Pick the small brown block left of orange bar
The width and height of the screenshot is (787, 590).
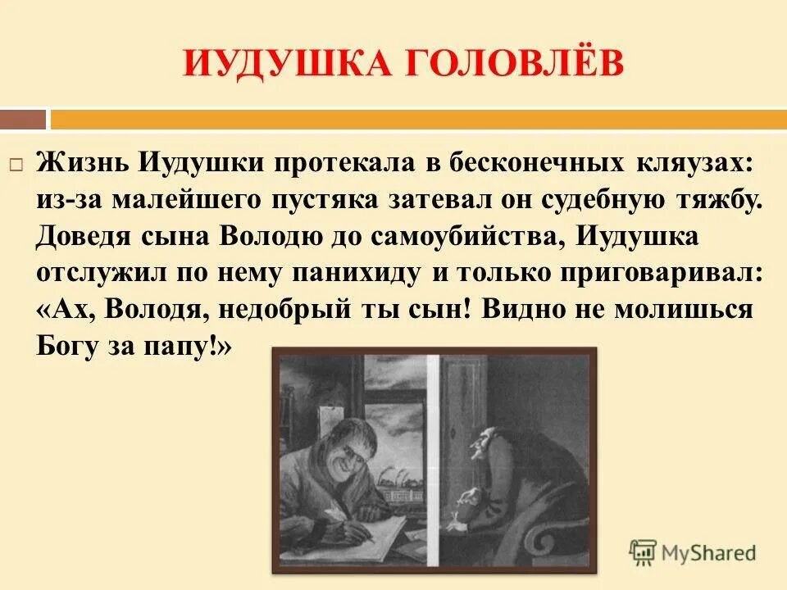point(23,120)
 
